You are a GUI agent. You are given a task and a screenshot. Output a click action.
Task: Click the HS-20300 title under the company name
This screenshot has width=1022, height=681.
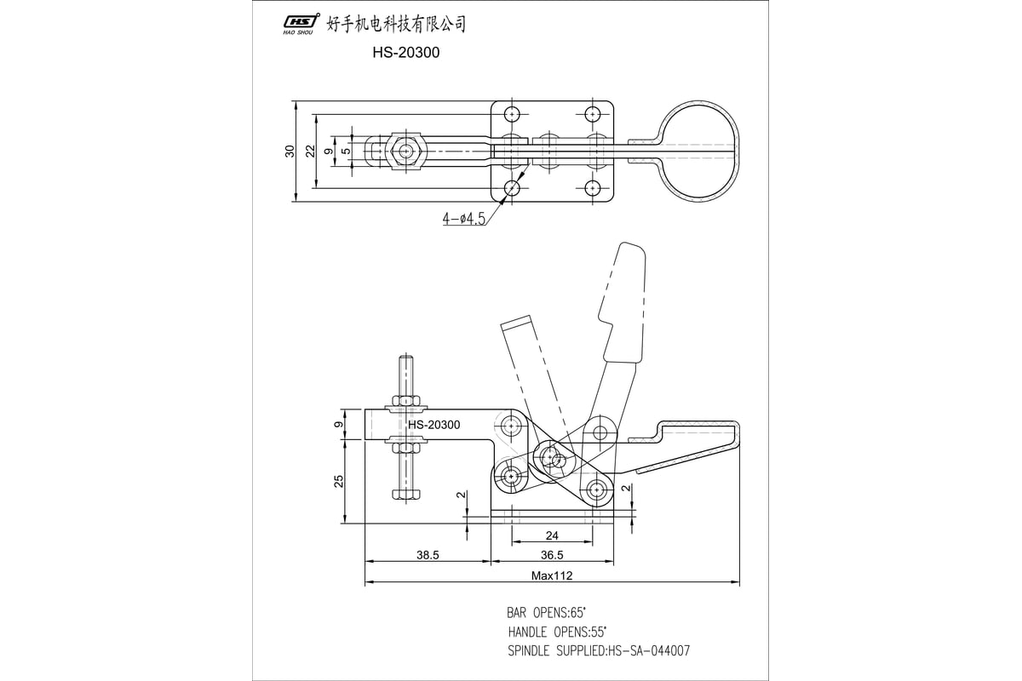(405, 52)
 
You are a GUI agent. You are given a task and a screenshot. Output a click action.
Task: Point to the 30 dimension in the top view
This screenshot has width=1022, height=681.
(290, 152)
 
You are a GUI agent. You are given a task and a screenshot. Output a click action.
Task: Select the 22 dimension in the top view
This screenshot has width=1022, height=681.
(311, 152)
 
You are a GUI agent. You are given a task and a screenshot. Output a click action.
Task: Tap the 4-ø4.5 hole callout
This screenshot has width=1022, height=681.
(463, 219)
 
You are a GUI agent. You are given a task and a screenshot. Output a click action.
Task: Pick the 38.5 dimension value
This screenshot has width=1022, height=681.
(428, 555)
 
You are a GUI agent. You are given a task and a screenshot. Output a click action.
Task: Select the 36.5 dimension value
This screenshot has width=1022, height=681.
(552, 555)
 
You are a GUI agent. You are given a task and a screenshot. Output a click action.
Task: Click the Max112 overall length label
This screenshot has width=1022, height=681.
(552, 576)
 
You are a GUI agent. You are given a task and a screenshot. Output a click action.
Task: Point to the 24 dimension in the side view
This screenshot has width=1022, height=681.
(552, 535)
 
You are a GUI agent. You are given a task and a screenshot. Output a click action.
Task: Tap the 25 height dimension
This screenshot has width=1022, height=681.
(339, 481)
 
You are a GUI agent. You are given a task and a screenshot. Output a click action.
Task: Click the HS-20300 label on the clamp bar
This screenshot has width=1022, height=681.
(433, 425)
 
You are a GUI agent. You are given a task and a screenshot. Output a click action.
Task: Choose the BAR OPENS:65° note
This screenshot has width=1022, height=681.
(545, 613)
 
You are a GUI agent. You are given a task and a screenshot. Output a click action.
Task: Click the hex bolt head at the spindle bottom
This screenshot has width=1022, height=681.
(405, 493)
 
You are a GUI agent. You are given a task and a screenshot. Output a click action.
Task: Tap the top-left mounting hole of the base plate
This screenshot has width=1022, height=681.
(512, 115)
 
